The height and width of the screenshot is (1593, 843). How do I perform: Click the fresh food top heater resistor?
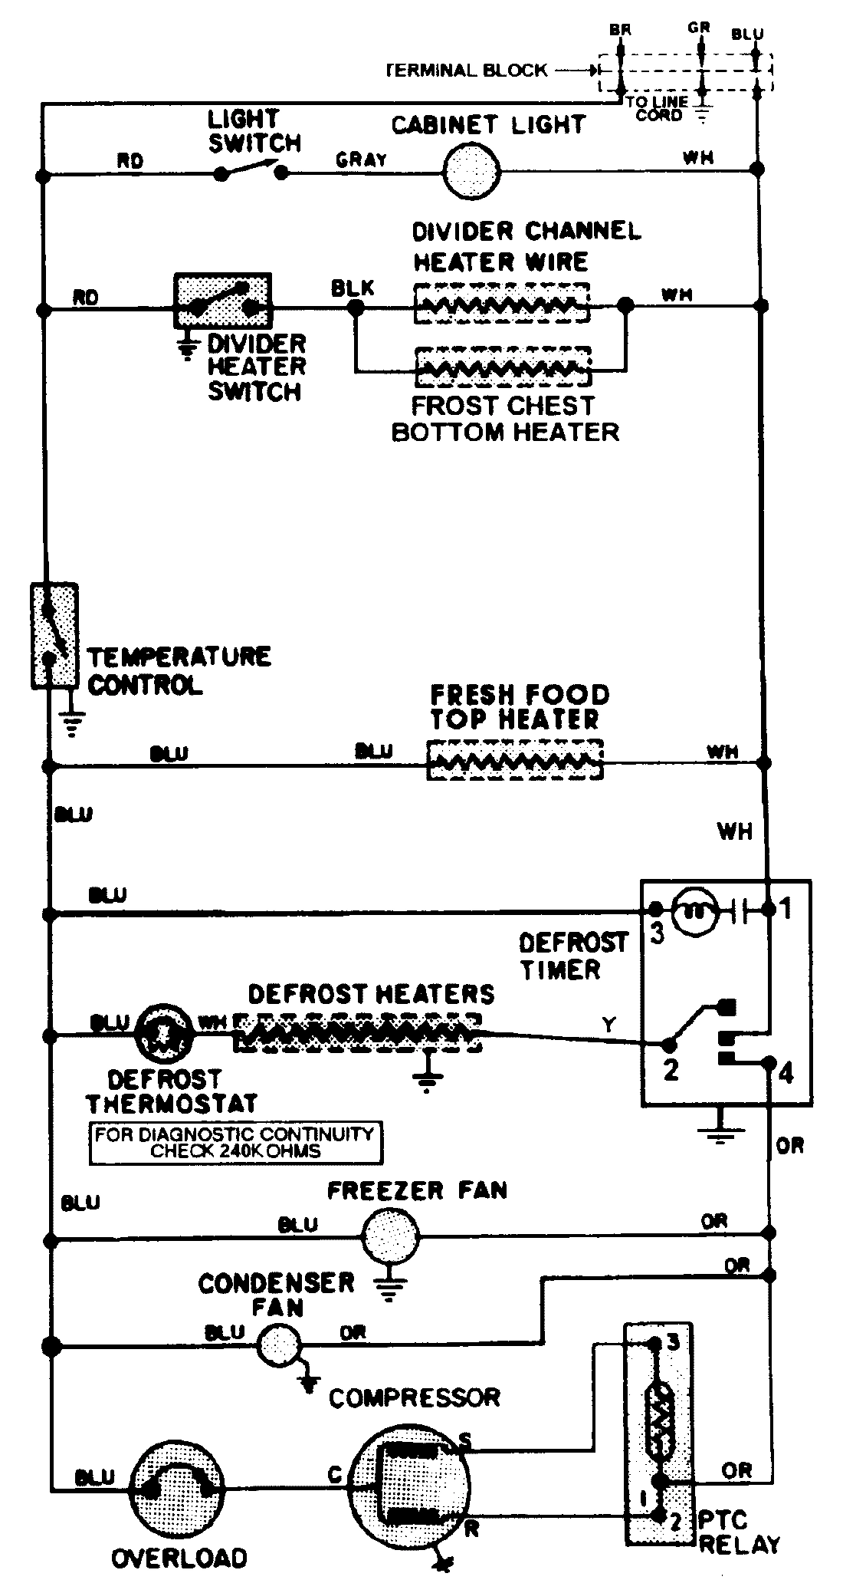point(515,760)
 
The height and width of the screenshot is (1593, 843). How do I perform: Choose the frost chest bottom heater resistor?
point(503,367)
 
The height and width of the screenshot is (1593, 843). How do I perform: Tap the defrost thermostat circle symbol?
point(162,1033)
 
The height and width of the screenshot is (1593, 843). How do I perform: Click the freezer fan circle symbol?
point(391,1236)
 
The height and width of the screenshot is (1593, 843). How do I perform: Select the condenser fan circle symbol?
point(279,1345)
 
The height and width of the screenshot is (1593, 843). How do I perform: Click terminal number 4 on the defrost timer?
point(786,1072)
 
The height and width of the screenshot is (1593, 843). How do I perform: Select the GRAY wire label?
point(361,160)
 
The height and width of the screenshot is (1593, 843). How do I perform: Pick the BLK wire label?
point(353,288)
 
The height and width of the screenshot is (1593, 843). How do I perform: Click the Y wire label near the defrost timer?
point(609,1024)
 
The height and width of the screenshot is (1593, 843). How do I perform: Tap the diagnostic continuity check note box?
point(235,1143)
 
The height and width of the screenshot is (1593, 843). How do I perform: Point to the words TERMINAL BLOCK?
point(467,71)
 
